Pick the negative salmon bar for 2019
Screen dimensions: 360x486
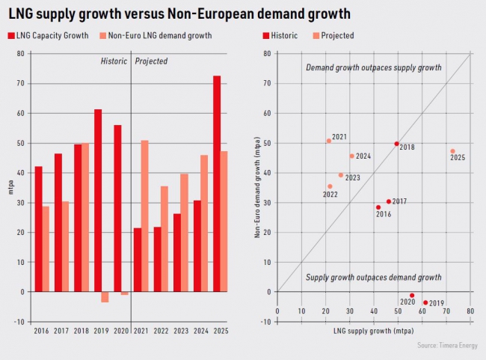pos(105,296)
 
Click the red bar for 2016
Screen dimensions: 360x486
pos(38,229)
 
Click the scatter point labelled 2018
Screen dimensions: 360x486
pos(396,144)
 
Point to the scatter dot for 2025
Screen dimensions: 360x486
pos(452,151)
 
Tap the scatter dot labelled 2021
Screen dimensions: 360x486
pos(329,141)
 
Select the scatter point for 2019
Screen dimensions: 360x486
pos(425,302)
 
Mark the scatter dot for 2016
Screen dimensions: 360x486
pos(378,207)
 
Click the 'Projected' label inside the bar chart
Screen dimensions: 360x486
pos(151,61)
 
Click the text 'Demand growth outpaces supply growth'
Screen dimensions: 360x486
pos(374,68)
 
